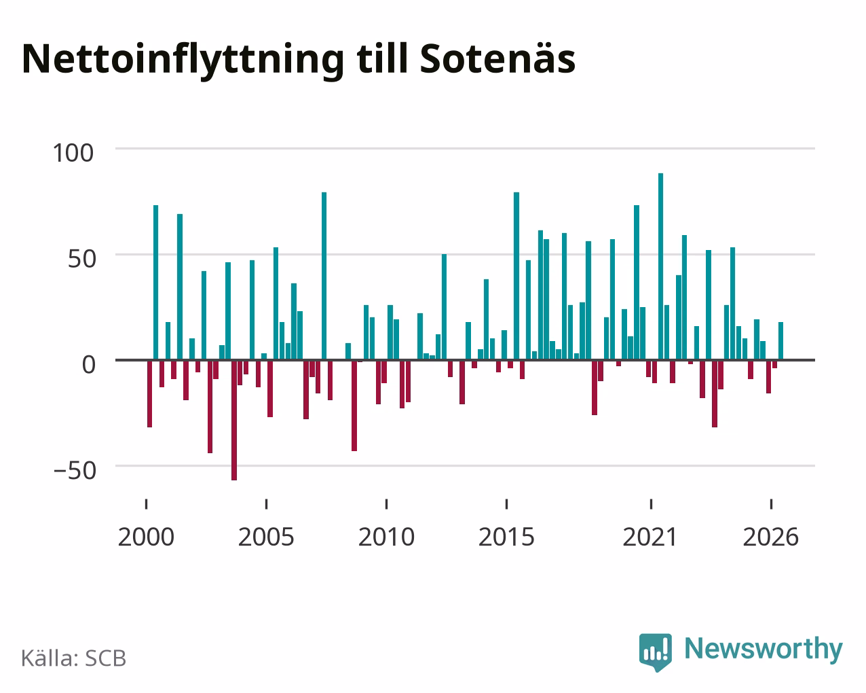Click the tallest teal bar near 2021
660,266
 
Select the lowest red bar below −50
233,421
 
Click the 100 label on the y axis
73,153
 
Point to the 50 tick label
82,259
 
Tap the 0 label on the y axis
89,365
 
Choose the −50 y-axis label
75,470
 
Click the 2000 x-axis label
146,537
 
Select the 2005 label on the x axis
266,537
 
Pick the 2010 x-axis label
386,537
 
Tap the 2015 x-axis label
506,537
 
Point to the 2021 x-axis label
650,537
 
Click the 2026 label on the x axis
770,537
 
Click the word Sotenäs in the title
497,58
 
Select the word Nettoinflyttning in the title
183,61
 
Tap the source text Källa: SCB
74,658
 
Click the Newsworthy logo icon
656,652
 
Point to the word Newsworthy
764,650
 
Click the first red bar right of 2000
149,393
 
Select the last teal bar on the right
780,341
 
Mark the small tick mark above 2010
386,504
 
